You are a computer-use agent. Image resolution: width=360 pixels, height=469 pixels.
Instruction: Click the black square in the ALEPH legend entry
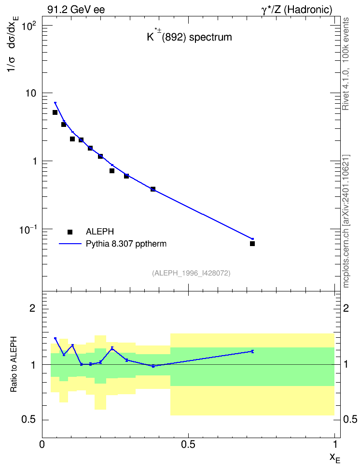[70, 232]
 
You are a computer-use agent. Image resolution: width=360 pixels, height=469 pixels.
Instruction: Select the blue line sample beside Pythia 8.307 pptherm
[70, 244]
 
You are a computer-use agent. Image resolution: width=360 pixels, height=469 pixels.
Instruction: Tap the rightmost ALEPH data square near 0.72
[252, 244]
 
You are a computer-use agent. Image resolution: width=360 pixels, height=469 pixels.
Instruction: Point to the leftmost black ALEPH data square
[55, 112]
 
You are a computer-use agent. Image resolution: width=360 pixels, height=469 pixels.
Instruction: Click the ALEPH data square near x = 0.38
[153, 189]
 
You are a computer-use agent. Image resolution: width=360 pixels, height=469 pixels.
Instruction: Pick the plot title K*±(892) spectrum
[190, 37]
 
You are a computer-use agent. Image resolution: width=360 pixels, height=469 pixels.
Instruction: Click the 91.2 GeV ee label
[76, 10]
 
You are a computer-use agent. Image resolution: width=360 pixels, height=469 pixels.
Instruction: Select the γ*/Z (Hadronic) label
[297, 10]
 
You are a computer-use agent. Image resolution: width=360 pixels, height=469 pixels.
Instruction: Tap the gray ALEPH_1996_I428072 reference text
[191, 273]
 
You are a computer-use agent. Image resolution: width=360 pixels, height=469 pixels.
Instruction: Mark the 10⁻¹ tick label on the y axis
[28, 229]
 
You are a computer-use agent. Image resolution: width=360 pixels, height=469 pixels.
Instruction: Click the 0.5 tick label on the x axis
[188, 444]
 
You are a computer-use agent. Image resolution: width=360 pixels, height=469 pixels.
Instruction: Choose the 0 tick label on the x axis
[42, 444]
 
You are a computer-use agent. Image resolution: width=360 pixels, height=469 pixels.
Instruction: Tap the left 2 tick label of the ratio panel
[32, 308]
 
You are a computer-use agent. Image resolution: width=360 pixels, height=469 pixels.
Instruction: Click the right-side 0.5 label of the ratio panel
[350, 419]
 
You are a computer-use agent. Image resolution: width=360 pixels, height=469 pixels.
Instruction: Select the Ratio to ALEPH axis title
[14, 364]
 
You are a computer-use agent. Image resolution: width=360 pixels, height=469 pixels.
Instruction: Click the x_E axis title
[335, 458]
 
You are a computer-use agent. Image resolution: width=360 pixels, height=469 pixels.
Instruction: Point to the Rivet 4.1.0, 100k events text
[346, 64]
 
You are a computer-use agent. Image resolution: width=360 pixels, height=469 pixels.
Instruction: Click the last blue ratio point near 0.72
[252, 351]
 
